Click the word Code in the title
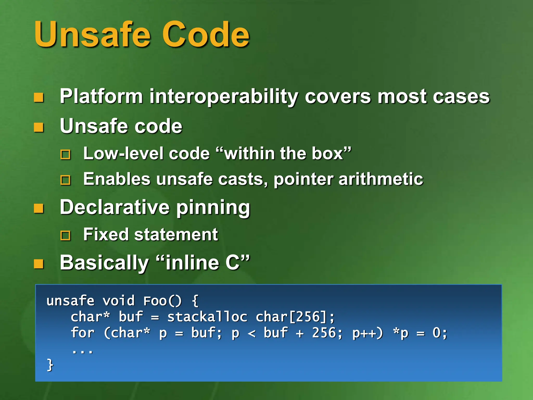[x=206, y=35]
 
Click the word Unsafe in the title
[x=92, y=35]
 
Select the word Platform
[x=101, y=96]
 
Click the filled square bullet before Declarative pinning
[x=39, y=208]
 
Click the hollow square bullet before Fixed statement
[x=65, y=236]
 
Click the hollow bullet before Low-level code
[x=65, y=154]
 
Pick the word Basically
[x=104, y=263]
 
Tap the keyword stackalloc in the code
[x=207, y=317]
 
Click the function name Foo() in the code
[x=162, y=301]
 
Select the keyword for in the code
[x=83, y=333]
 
